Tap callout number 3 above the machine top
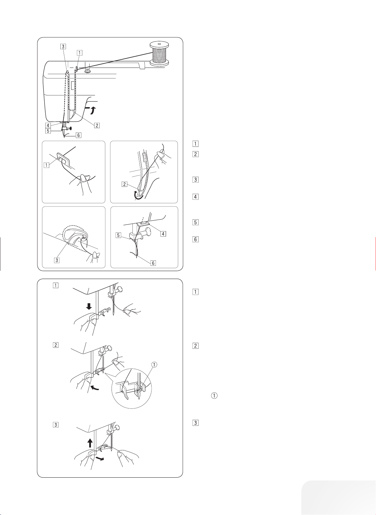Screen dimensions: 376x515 coord(63,46)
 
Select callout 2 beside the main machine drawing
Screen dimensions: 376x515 coord(97,125)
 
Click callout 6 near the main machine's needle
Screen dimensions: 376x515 coord(78,135)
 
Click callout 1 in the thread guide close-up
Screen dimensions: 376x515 coord(47,165)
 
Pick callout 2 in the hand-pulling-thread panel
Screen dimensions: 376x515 coord(124,184)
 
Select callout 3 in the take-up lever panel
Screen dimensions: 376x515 coord(56,260)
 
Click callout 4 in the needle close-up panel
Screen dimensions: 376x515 coord(163,234)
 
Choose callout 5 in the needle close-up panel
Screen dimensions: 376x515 coord(118,235)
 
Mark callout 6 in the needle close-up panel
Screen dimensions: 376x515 coord(154,263)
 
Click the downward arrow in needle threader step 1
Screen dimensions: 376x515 coord(89,306)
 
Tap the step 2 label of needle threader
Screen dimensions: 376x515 coord(55,345)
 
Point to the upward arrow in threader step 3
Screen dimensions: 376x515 coord(90,443)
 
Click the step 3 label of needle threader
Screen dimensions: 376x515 coord(55,425)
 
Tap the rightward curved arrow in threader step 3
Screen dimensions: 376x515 coord(100,458)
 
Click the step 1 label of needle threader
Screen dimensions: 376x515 coord(55,286)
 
